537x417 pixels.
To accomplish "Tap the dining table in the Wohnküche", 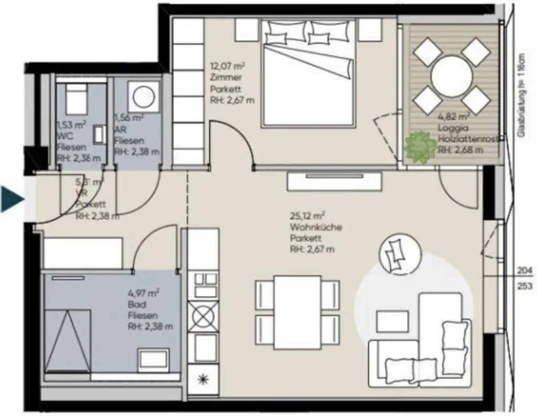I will click(x=297, y=312).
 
